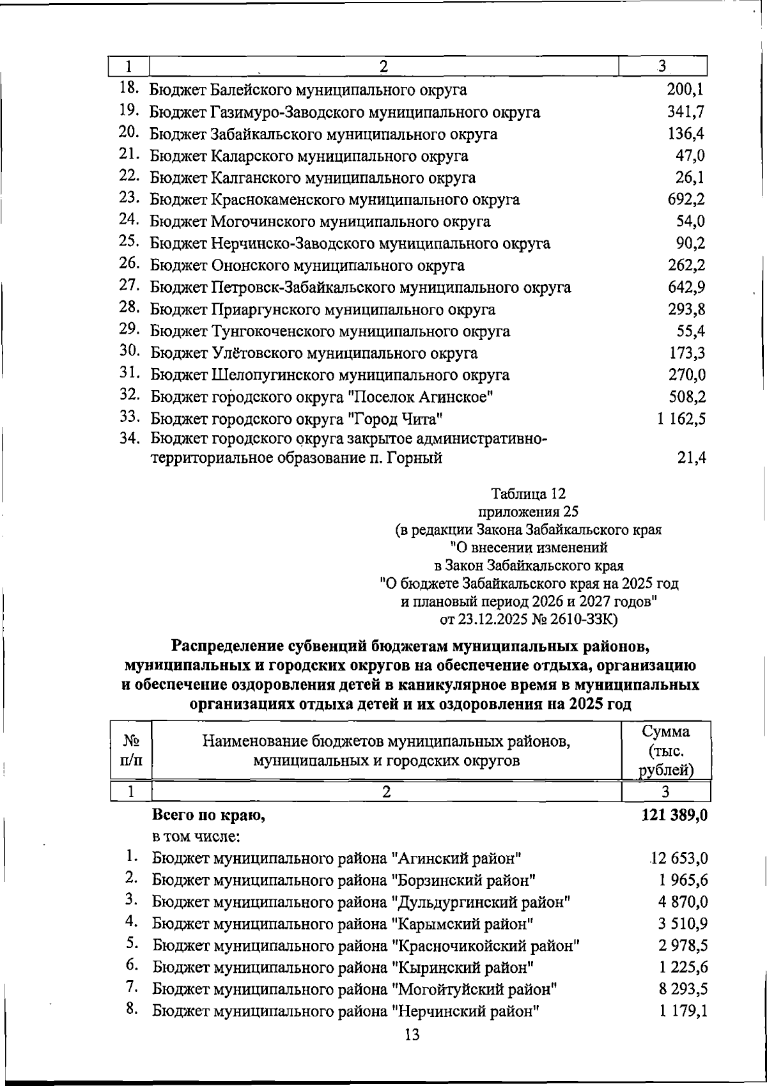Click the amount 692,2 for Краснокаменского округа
coord(686,199)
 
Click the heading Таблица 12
coord(529,493)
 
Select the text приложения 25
coord(528,511)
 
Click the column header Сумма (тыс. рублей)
coord(666,750)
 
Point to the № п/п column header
coord(131,750)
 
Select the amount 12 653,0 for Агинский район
coord(679,858)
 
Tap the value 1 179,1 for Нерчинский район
coord(683,1011)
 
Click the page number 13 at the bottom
coord(412,1035)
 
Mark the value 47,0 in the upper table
coord(691,155)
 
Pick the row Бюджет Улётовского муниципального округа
coord(314,353)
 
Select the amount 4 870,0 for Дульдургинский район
coord(683,902)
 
